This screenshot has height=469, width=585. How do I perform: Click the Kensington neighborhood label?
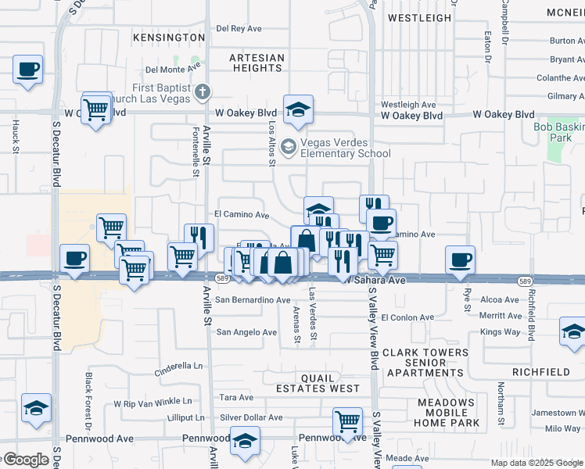click(169, 38)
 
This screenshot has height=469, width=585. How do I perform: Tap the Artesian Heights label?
click(256, 63)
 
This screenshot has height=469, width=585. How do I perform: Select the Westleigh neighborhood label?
click(420, 17)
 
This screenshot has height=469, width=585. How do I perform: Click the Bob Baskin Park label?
click(558, 132)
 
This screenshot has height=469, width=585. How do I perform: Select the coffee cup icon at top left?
click(27, 69)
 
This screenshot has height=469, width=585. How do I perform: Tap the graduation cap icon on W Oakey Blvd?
click(298, 109)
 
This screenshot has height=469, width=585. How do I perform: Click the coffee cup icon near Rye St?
click(461, 259)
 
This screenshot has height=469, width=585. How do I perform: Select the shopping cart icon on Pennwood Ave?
click(348, 421)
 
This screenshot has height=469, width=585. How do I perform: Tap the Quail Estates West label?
click(318, 382)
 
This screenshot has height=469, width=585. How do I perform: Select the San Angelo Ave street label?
click(246, 332)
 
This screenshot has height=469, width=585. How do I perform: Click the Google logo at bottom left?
click(25, 460)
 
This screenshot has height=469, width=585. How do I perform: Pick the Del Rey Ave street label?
click(239, 28)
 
